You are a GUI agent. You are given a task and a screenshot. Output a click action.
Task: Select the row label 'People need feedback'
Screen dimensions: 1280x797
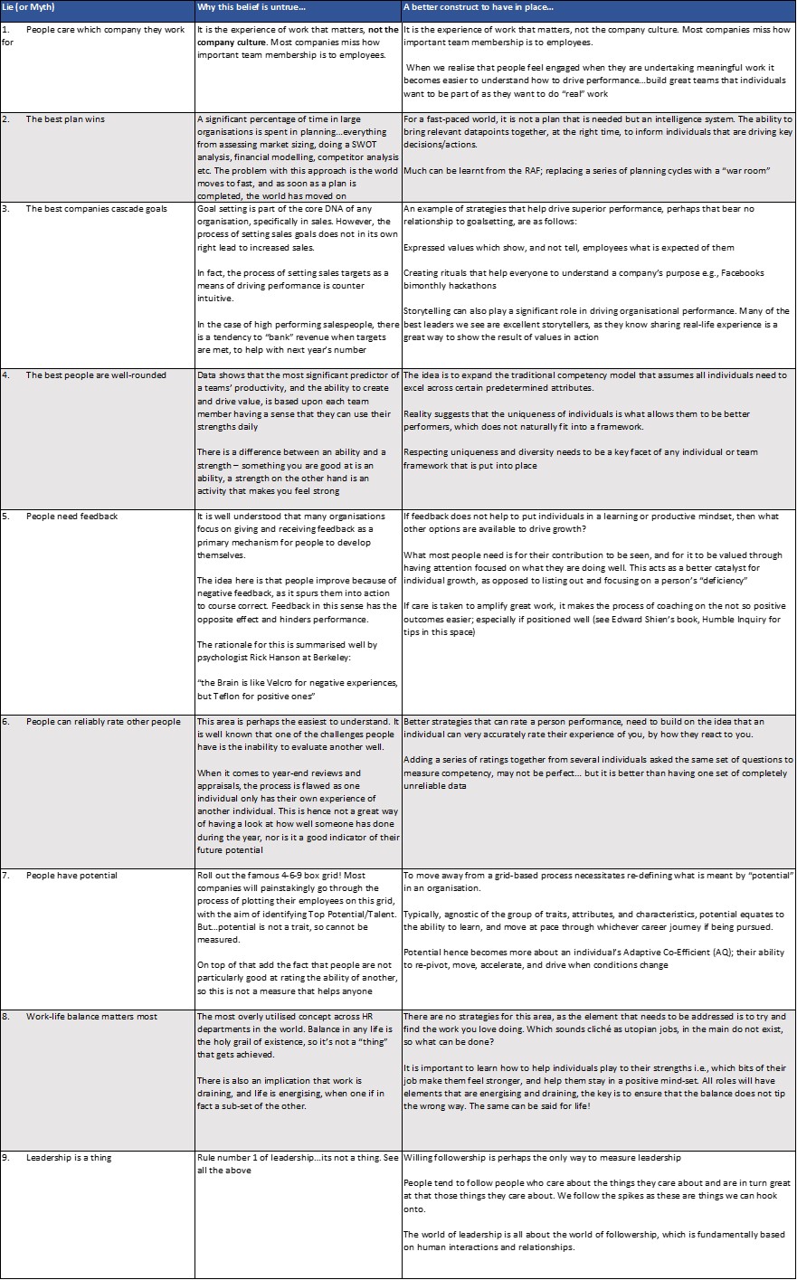(71, 517)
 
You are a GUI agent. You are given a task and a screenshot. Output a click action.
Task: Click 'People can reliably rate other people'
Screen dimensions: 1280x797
(103, 722)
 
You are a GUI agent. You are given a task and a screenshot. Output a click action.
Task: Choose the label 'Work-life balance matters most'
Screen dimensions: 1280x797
(91, 1017)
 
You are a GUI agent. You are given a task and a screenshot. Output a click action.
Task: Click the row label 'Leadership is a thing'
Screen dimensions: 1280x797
(69, 1158)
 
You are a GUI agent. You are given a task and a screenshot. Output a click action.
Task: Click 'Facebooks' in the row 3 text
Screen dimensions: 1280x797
(741, 273)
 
